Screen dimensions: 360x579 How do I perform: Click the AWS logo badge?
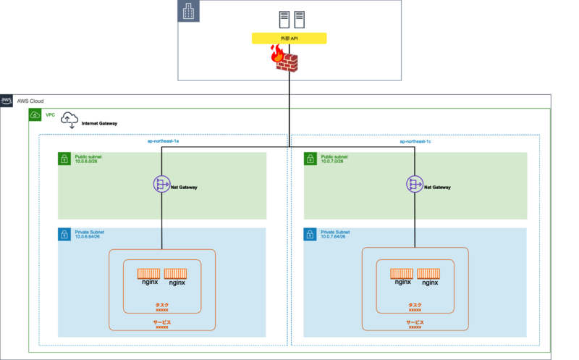7,100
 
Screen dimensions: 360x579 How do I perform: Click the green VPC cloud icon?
35,114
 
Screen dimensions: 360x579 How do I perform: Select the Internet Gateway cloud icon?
70,120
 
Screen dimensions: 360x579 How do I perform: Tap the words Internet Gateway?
100,124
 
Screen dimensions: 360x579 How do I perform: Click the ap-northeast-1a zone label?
163,142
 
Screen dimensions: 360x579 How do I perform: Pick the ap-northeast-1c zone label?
415,142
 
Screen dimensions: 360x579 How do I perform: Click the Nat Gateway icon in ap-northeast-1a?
161,186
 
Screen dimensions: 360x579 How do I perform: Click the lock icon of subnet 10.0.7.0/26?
310,159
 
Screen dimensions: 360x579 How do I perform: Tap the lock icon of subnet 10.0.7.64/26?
310,234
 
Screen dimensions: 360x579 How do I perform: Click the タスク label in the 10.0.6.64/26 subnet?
162,305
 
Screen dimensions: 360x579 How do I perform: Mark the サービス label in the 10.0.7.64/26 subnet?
415,321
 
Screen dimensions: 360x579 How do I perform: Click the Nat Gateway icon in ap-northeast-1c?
415,186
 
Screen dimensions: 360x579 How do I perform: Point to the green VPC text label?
50,114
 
